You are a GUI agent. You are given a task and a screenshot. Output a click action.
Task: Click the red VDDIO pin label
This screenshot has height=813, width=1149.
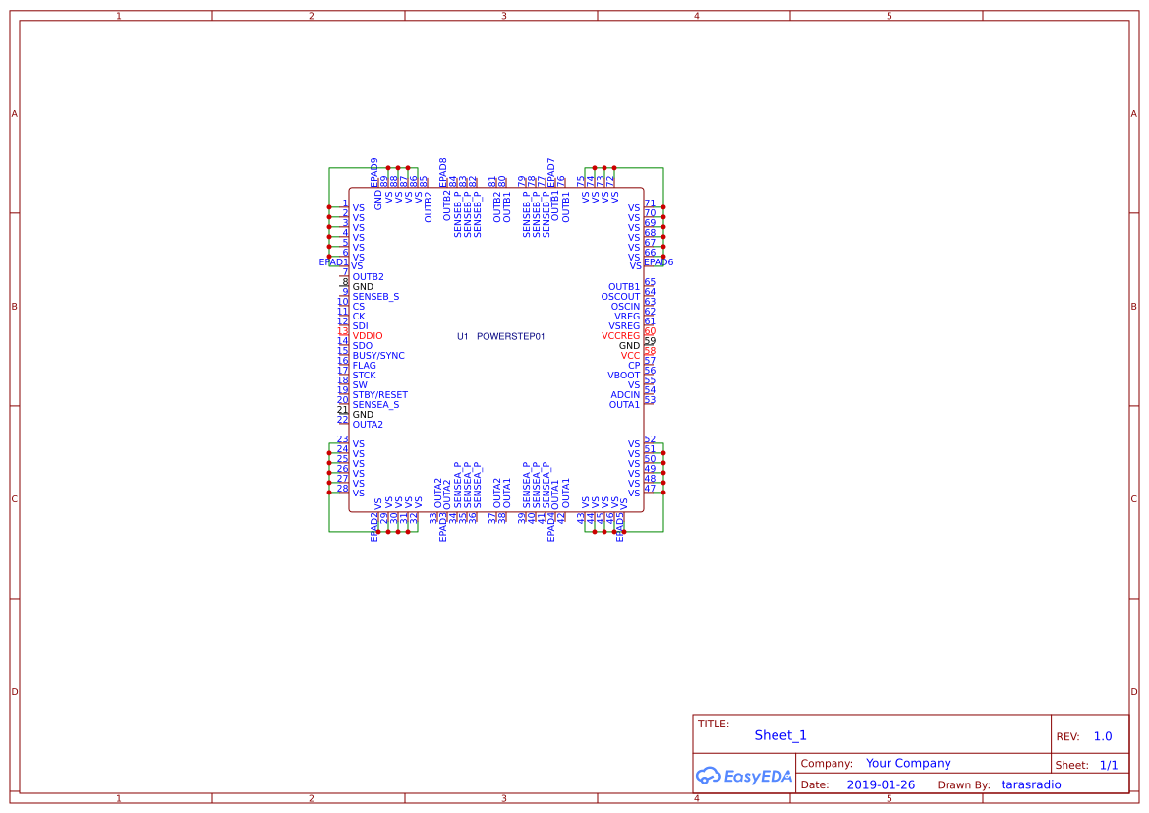tap(368, 336)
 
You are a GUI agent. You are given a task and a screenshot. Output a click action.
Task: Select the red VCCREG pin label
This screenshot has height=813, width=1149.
tap(620, 336)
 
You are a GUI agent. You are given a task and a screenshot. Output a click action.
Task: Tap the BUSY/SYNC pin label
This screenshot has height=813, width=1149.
tap(378, 356)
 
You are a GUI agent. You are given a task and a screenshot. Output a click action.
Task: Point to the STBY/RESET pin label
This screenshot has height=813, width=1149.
tap(379, 395)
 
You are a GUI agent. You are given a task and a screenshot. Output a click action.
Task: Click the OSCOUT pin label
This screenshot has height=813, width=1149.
tap(620, 297)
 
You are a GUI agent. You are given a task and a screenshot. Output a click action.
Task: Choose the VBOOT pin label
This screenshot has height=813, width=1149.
tap(623, 376)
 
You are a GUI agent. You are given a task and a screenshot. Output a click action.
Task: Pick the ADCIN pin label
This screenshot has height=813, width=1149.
tap(625, 395)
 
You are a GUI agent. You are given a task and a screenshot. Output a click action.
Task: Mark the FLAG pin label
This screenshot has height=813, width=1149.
tap(364, 366)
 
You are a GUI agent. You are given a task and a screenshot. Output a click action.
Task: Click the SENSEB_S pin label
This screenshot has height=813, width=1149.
tap(375, 297)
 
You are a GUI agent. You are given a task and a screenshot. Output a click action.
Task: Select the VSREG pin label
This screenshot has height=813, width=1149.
tap(624, 326)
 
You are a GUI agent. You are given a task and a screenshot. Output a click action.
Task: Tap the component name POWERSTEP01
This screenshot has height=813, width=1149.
tap(510, 336)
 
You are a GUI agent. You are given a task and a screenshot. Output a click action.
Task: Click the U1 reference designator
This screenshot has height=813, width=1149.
tap(463, 336)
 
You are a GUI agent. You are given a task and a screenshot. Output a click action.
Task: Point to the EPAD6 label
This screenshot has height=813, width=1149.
tap(659, 262)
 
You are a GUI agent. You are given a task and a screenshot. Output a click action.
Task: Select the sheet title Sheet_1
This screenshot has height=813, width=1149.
tap(780, 735)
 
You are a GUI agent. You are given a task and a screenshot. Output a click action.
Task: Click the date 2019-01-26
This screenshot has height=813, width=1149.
tap(881, 784)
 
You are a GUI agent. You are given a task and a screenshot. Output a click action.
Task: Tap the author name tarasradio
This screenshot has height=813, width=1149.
tap(1031, 784)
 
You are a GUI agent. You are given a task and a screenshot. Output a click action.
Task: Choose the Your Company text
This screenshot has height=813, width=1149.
tap(908, 763)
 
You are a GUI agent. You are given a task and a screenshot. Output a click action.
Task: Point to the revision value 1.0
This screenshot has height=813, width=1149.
tap(1103, 736)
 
